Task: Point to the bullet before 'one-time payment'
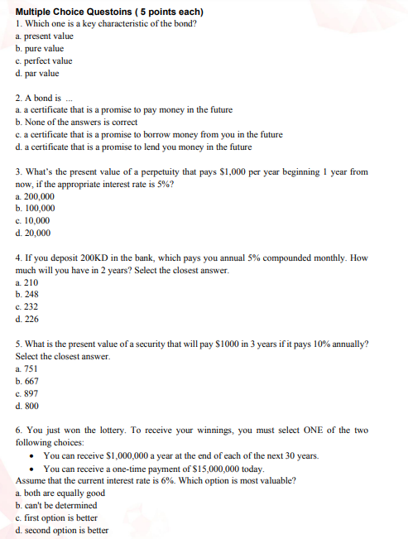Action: click(31, 469)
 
